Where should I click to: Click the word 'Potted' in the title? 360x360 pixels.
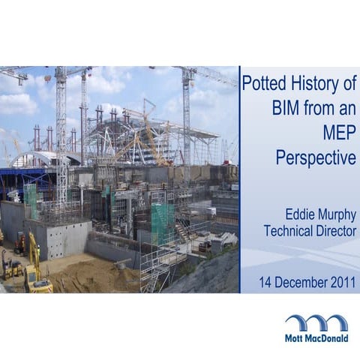262,82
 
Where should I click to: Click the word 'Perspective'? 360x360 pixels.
316,158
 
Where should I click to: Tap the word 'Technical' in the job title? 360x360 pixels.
291,231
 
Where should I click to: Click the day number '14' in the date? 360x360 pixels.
266,283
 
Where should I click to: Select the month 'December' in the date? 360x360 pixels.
301,283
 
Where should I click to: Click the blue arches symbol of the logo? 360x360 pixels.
316,322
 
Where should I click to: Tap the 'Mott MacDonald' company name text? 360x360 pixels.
316,338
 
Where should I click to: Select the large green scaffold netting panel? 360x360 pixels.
163,222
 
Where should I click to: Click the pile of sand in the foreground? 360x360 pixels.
90,276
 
